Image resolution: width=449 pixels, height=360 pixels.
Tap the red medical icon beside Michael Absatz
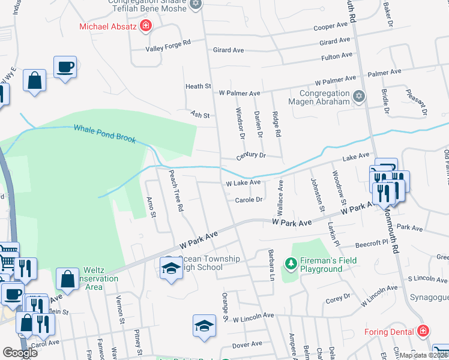coord(145,26)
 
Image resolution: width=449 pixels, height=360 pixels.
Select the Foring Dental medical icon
coord(424,331)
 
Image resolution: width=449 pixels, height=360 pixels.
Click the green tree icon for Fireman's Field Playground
coord(291,263)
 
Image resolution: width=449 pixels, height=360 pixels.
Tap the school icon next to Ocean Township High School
coord(171,268)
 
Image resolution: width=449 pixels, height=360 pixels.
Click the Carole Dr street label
coord(249,200)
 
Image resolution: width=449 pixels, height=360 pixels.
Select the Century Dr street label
coord(250,156)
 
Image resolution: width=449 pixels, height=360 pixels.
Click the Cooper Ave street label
coord(331,26)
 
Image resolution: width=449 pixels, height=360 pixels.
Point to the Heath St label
coord(198,86)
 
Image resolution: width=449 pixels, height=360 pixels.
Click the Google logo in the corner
coord(20,353)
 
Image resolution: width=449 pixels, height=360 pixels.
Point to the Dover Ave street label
coord(247,344)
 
